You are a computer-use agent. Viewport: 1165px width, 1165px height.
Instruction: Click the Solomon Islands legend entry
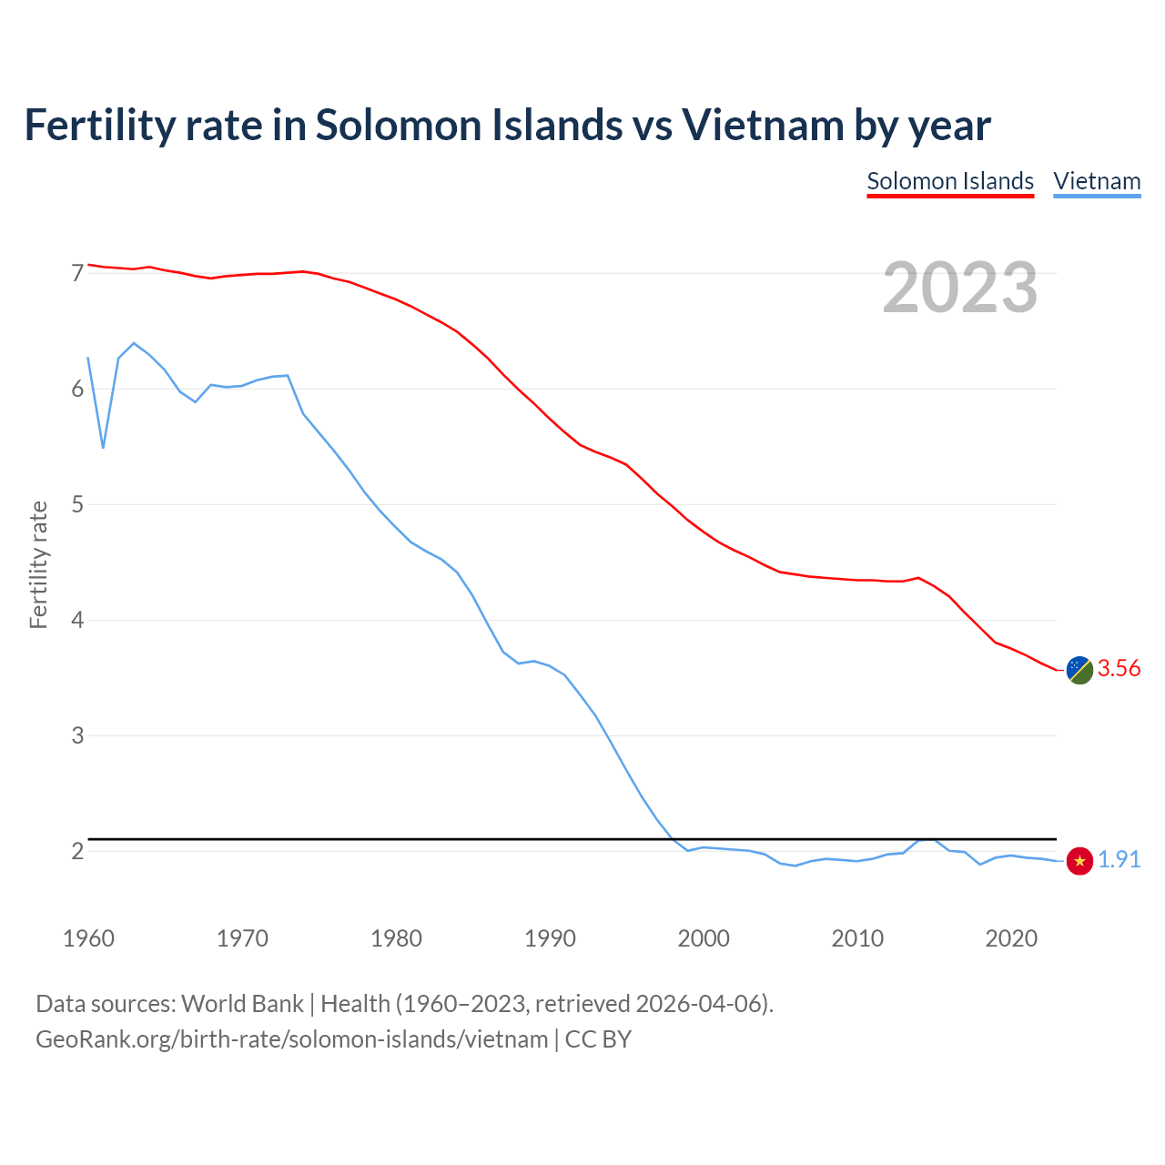[950, 181]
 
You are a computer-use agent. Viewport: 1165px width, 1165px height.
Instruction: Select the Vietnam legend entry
[1097, 181]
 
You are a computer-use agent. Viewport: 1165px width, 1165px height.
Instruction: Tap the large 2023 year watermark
[960, 288]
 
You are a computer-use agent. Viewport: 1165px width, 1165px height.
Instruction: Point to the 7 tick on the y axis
[77, 273]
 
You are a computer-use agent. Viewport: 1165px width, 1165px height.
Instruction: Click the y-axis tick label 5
[77, 504]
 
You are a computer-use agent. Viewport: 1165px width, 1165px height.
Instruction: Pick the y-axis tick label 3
[77, 735]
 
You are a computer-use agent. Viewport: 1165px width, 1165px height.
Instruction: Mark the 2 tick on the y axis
[77, 851]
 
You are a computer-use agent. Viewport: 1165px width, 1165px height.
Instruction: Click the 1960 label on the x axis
[88, 938]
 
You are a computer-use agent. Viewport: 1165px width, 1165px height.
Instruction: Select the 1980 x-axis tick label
[396, 938]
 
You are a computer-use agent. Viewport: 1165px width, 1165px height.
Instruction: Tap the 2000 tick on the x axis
[704, 938]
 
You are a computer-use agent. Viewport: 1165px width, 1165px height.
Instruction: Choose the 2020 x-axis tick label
[1011, 938]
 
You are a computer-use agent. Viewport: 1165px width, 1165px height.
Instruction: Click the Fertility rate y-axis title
[38, 564]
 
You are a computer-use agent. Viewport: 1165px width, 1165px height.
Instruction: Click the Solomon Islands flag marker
[1079, 670]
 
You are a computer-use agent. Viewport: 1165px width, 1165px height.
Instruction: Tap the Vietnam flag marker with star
[1079, 860]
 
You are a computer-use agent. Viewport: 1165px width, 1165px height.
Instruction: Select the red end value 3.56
[1119, 669]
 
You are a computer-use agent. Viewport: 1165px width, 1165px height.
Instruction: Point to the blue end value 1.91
[1119, 860]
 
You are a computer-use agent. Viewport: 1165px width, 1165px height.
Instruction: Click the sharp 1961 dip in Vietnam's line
[104, 447]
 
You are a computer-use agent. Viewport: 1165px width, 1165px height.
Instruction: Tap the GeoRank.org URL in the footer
[291, 1038]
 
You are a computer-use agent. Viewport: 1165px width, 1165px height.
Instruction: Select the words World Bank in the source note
[242, 1003]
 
